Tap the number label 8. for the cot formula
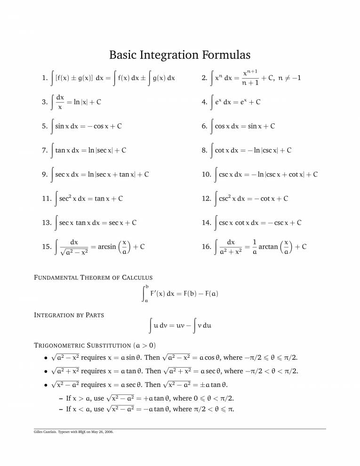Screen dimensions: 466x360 coord(204,151)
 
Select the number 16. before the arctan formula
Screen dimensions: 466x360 coord(206,247)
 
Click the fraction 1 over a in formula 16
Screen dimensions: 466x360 coord(254,247)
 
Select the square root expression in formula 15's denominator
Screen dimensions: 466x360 coord(74,253)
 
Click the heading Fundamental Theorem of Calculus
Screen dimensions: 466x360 coord(93,278)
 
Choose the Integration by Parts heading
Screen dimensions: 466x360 coord(69,314)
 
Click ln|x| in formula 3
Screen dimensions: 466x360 coord(78,102)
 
